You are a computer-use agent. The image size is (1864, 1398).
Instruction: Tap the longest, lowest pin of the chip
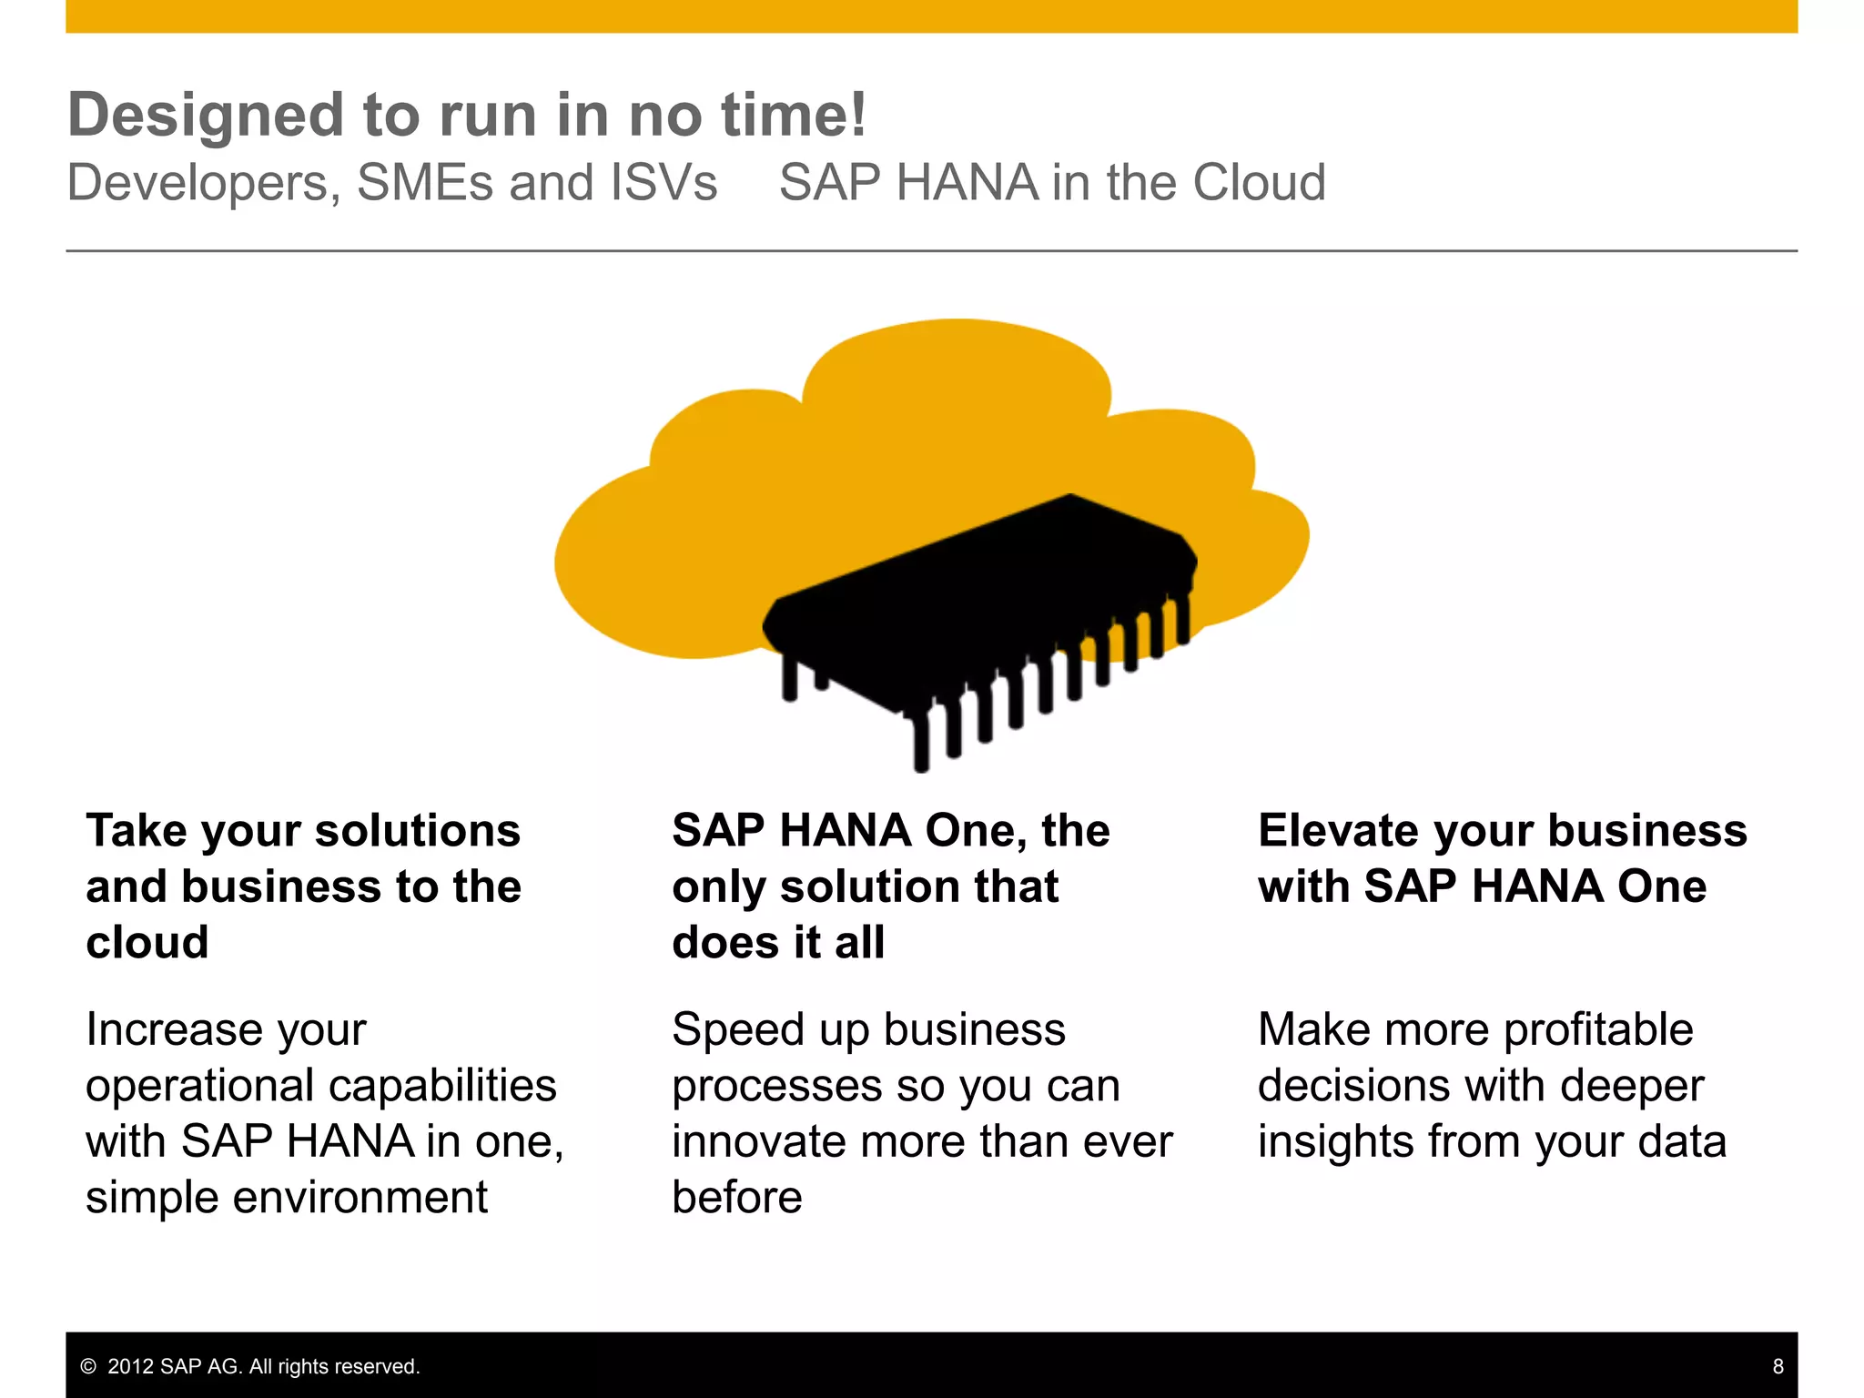click(x=921, y=742)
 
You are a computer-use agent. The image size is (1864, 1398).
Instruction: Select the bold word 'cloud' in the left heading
click(x=147, y=942)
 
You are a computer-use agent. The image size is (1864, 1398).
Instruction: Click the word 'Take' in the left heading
click(x=137, y=831)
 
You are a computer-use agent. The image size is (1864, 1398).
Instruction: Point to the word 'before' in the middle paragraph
click(x=737, y=1198)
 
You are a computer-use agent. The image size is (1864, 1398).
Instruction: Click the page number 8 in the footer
click(x=1778, y=1366)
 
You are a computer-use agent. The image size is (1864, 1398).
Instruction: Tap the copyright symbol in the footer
click(x=88, y=1366)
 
